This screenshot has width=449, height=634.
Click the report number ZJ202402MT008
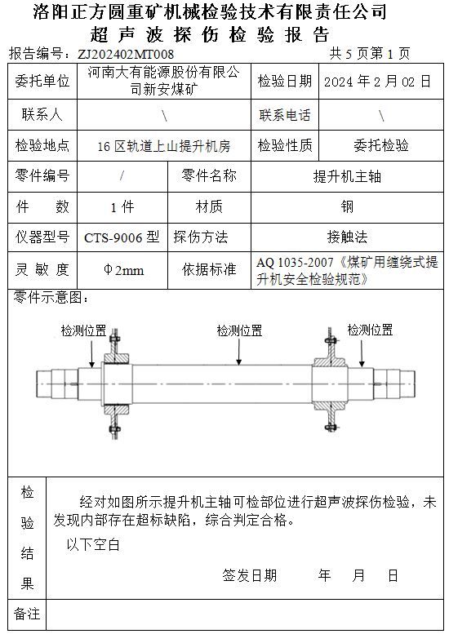point(126,54)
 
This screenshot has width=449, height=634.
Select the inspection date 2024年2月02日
point(377,82)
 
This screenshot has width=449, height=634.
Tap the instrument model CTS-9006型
point(122,237)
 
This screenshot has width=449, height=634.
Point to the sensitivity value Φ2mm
point(123,270)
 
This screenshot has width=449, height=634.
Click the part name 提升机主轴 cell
point(347,176)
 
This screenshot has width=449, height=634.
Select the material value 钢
point(347,206)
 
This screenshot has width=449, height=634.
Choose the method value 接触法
point(347,237)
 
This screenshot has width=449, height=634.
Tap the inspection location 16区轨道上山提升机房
point(164,145)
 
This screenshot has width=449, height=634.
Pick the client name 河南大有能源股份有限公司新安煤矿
point(164,81)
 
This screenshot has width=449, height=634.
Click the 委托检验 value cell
point(381,145)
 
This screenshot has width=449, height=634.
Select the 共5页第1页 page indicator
point(370,53)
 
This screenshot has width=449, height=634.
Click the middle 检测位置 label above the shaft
point(239,330)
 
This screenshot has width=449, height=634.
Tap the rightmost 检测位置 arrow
point(362,352)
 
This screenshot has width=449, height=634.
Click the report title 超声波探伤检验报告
point(210,35)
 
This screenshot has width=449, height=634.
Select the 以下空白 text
point(93,544)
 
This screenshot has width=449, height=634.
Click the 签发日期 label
point(250,575)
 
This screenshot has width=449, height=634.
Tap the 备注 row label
point(27,614)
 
